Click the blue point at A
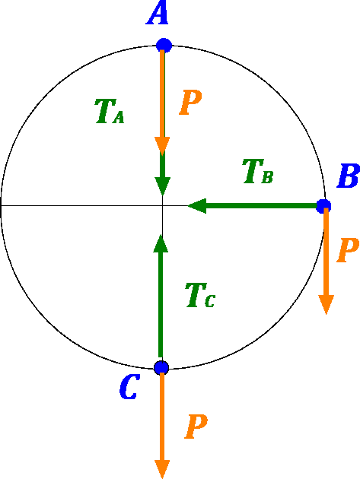click(164, 46)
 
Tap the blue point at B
click(323, 206)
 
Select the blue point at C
click(161, 367)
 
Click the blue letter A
click(158, 14)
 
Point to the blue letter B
click(349, 176)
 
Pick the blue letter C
click(129, 387)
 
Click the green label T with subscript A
click(110, 111)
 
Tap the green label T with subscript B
click(258, 171)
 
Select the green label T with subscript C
click(201, 295)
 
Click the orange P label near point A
click(190, 103)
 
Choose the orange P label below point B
click(348, 250)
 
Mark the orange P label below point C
click(196, 427)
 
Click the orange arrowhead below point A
click(162, 146)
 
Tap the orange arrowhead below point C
click(162, 469)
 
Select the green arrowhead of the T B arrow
click(197, 206)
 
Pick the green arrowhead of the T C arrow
click(161, 243)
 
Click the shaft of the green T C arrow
click(161, 305)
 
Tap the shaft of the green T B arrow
click(262, 206)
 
